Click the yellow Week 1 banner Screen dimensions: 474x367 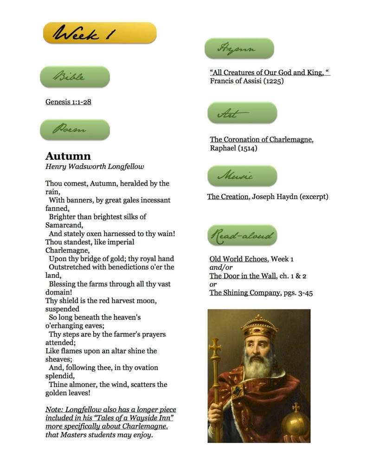pos(100,33)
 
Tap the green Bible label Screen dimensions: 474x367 pos(75,76)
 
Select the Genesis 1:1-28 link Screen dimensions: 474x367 pos(68,102)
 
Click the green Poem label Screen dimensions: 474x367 pos(75,130)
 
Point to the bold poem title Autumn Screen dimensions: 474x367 pos(68,156)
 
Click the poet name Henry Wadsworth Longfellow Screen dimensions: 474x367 pos(95,167)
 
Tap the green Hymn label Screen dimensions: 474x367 pos(239,49)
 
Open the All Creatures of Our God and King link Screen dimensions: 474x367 pos(270,73)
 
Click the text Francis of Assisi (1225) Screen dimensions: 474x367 pos(246,81)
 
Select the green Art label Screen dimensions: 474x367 pos(242,113)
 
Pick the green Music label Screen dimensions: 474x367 pos(242,176)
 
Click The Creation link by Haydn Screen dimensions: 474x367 pos(228,197)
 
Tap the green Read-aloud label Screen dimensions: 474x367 pos(242,236)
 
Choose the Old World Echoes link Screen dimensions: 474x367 pos(238,259)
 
